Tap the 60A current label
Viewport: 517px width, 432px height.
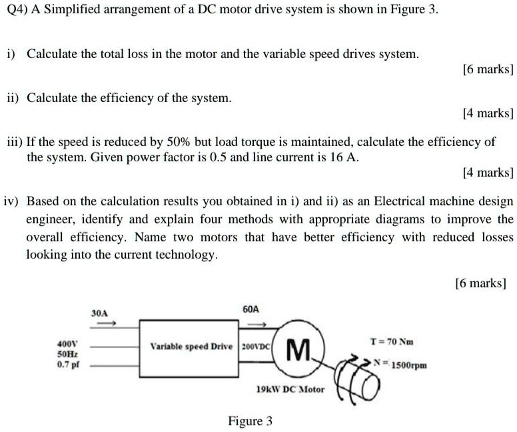click(251, 309)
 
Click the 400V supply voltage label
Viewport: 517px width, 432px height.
click(67, 344)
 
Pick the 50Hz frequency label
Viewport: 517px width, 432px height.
click(67, 355)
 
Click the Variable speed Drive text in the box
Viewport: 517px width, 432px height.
click(192, 347)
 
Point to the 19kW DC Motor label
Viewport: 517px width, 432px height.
click(290, 389)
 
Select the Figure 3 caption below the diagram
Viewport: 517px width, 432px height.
click(251, 421)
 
